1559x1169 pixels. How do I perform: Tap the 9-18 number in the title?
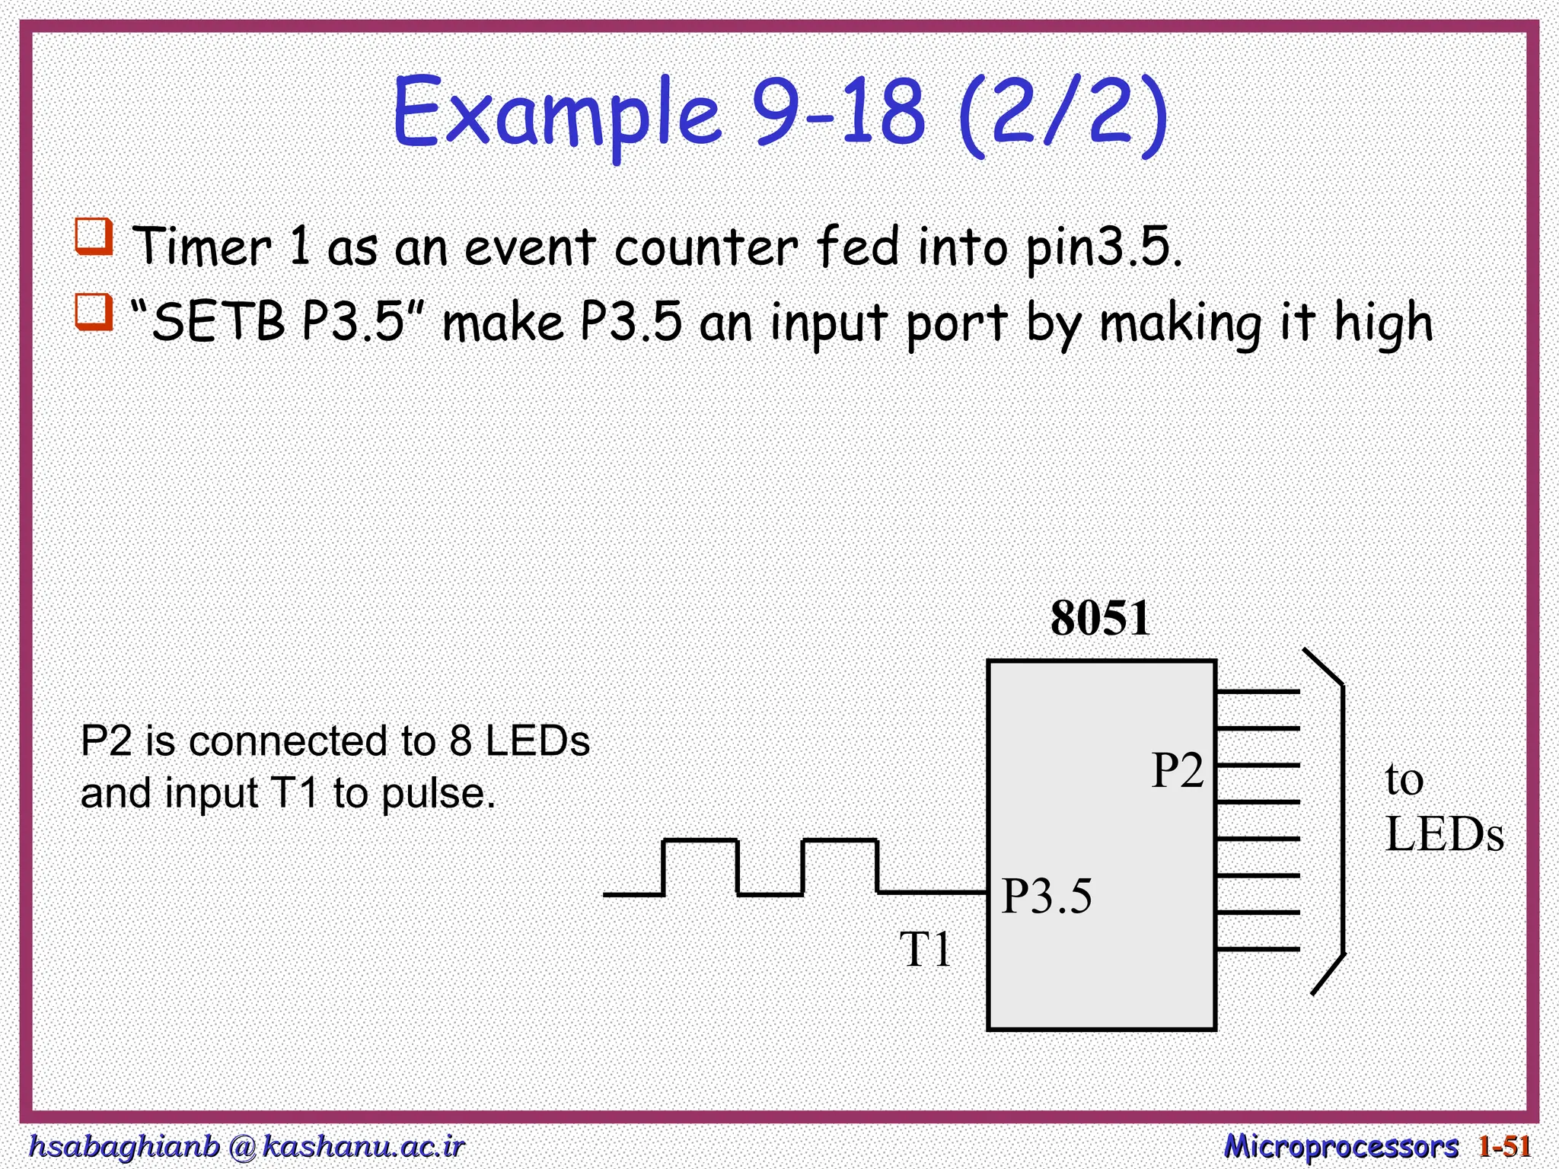837,113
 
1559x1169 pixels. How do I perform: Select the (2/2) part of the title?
1062,114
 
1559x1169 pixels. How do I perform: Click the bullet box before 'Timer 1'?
94,237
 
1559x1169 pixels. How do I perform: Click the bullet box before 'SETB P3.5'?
94,313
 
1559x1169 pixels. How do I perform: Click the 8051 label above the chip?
1100,618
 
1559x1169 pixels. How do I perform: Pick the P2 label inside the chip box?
1177,770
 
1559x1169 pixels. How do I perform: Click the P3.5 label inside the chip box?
1047,896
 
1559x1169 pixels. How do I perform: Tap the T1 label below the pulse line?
926,949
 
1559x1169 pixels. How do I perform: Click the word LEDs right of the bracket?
1444,835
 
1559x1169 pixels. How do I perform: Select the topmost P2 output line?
1258,692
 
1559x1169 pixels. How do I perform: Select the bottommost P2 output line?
1258,949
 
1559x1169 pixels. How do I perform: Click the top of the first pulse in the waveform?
700,841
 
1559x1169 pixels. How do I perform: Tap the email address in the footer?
246,1145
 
